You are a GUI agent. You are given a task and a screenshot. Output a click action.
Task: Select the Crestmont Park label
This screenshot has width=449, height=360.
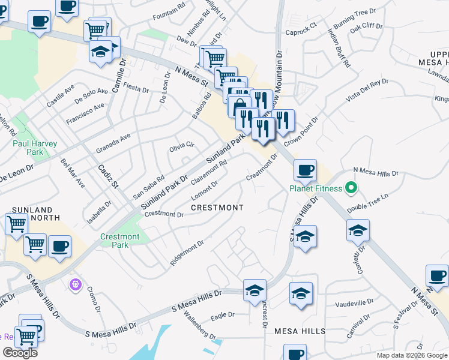pyautogui.click(x=120, y=241)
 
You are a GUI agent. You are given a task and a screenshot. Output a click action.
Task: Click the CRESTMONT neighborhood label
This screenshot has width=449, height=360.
pyautogui.click(x=217, y=208)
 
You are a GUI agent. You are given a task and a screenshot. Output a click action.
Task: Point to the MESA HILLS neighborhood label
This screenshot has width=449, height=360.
pyautogui.click(x=300, y=331)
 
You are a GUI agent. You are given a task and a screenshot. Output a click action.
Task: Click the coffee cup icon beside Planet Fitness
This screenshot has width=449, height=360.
pyautogui.click(x=305, y=170)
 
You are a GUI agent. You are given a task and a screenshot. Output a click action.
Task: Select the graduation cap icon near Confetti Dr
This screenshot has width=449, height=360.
pyautogui.click(x=358, y=230)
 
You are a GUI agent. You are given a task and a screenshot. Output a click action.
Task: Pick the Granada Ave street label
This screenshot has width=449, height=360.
pyautogui.click(x=113, y=144)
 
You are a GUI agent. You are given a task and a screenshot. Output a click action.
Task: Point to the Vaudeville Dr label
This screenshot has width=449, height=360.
pyautogui.click(x=354, y=302)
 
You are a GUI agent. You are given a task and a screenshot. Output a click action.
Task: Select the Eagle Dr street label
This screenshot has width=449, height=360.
pyautogui.click(x=222, y=314)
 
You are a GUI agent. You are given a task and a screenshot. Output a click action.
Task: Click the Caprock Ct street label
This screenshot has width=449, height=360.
pyautogui.click(x=301, y=31)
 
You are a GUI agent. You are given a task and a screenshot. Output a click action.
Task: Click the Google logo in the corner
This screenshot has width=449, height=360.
pyautogui.click(x=20, y=353)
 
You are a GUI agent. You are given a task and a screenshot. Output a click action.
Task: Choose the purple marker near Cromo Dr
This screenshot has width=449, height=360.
pyautogui.click(x=75, y=283)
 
